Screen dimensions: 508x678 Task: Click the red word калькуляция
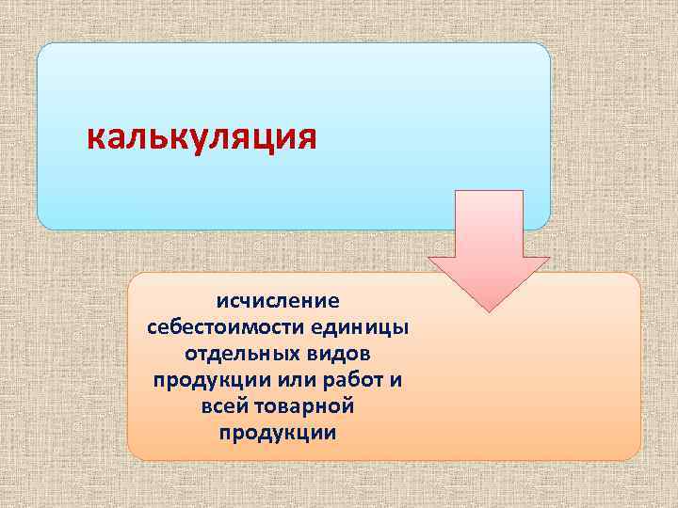point(202,138)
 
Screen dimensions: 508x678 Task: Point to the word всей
point(222,406)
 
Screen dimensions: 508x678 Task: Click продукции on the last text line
point(277,433)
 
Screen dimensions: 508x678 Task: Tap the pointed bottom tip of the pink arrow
point(489,310)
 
